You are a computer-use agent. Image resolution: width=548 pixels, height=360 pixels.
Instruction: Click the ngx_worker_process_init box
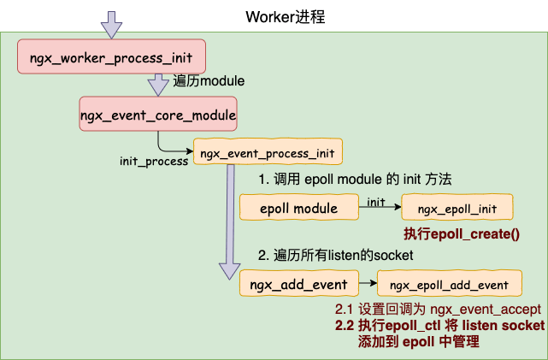(x=111, y=56)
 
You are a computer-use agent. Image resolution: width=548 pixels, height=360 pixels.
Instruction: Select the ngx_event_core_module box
(x=158, y=114)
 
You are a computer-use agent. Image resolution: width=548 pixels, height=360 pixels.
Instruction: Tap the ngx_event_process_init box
(x=268, y=151)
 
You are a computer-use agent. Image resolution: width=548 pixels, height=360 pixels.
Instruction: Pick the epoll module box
(x=299, y=207)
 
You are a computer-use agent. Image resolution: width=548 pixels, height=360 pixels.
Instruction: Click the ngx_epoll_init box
(x=457, y=207)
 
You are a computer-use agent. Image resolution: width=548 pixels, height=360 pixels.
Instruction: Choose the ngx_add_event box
(x=299, y=283)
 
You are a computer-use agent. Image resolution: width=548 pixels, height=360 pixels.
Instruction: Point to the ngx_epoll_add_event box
(x=450, y=283)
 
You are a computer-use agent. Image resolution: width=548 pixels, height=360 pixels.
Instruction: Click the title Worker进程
(x=286, y=17)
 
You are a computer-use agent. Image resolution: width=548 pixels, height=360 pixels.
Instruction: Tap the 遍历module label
(x=209, y=81)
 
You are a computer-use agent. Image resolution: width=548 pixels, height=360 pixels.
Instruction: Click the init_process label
(x=154, y=161)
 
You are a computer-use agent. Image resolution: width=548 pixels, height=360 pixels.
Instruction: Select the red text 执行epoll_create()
(x=462, y=233)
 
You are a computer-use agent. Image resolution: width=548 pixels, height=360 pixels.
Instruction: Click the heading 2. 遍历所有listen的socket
(x=335, y=255)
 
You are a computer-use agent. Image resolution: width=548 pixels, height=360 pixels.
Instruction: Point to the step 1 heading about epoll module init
(x=355, y=180)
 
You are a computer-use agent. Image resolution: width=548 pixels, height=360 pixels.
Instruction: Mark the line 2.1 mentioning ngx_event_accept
(x=438, y=310)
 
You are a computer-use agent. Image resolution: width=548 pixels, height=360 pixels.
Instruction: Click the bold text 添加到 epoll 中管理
(x=419, y=341)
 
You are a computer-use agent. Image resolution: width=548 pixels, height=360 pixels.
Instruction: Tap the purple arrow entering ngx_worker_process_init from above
(x=111, y=25)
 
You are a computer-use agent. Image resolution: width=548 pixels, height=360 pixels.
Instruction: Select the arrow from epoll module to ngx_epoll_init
(x=380, y=207)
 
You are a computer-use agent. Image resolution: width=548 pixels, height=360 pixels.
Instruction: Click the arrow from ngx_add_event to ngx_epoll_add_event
(x=368, y=283)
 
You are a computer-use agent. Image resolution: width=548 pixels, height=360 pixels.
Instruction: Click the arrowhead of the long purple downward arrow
(x=230, y=270)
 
